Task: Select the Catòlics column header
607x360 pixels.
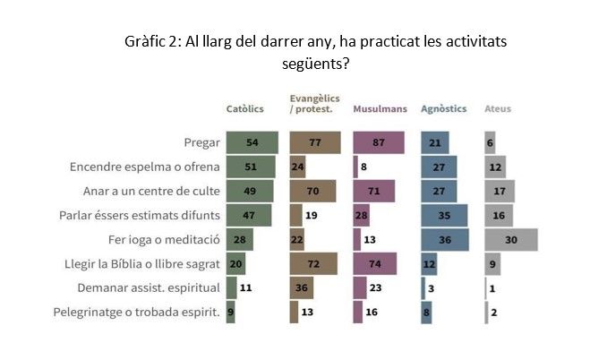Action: pos(244,109)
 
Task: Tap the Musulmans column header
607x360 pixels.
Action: pos(380,109)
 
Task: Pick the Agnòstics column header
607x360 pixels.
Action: pos(444,109)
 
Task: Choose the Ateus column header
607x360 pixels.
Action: pos(498,109)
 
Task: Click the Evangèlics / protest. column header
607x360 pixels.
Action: pos(311,104)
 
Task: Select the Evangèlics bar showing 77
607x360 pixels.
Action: pos(314,142)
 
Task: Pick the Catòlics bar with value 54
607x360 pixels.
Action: pos(252,142)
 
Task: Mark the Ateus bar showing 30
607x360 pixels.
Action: pos(510,239)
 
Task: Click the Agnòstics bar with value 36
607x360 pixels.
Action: pos(444,239)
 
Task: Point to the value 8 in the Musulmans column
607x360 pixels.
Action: pos(363,167)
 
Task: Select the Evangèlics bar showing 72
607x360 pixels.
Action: pos(313,263)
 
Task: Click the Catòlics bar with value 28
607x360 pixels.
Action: pos(240,239)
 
